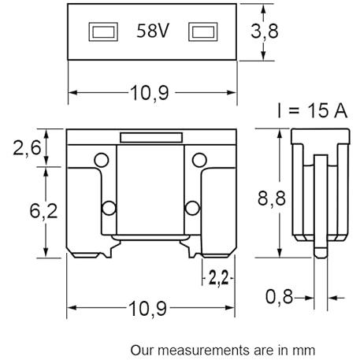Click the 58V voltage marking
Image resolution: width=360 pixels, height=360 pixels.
153,31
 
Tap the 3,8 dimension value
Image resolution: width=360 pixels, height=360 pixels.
265,32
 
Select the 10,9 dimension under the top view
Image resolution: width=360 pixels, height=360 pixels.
150,93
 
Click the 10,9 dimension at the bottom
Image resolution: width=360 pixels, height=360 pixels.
147,309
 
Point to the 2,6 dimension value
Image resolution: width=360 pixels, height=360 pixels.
27,148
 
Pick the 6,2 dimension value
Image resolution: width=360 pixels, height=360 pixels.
43,211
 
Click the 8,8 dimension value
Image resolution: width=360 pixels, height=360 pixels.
272,199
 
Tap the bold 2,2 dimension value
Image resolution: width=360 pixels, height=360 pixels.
218,278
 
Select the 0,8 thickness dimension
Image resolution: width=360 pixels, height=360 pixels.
279,297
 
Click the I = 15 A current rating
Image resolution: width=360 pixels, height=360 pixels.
313,110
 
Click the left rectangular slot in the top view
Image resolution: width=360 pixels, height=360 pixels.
103,32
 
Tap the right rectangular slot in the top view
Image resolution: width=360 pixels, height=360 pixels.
203,32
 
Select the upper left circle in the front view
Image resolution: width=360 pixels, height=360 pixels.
102,160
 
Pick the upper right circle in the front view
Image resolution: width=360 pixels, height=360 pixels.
199,160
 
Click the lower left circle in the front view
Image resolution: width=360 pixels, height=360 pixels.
109,208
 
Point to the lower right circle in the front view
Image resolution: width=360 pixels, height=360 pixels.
192,208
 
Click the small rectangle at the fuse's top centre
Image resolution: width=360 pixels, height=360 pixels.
151,138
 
